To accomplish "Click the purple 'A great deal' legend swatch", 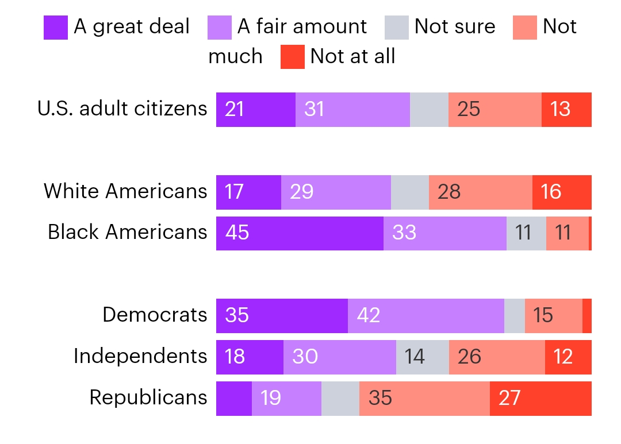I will (56, 28).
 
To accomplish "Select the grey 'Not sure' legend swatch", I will (397, 28).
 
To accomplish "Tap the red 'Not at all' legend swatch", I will (292, 57).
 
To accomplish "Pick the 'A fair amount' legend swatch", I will (220, 28).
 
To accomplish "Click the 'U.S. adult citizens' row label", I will (122, 109).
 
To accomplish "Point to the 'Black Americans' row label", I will (127, 232).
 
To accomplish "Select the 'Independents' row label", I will (140, 356).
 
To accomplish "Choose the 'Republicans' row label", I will (148, 397).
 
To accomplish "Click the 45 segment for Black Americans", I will (300, 233).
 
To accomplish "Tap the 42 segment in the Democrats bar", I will (425, 316).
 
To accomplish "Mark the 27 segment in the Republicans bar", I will (540, 399).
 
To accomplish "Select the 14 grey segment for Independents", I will (422, 357).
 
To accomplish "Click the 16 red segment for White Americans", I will (562, 192).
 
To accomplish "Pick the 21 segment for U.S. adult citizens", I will (255, 109).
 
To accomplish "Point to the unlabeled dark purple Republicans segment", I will (233, 399).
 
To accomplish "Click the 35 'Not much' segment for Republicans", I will (424, 399).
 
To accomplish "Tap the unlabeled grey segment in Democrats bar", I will (514, 316).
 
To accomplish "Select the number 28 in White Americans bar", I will (449, 192).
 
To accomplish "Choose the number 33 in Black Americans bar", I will (404, 233).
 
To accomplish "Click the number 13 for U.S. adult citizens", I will (560, 109).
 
